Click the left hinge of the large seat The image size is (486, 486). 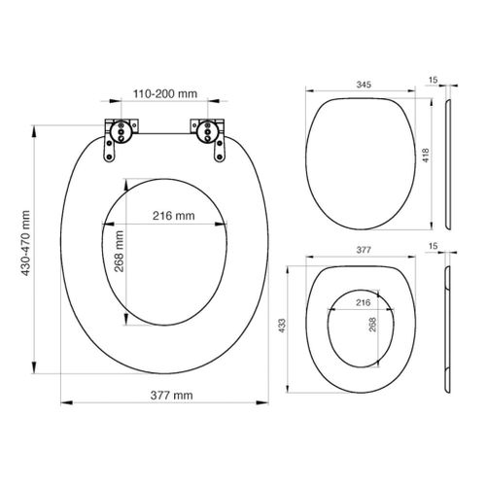pyautogui.click(x=118, y=131)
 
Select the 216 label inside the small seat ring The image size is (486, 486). pyautogui.click(x=364, y=303)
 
